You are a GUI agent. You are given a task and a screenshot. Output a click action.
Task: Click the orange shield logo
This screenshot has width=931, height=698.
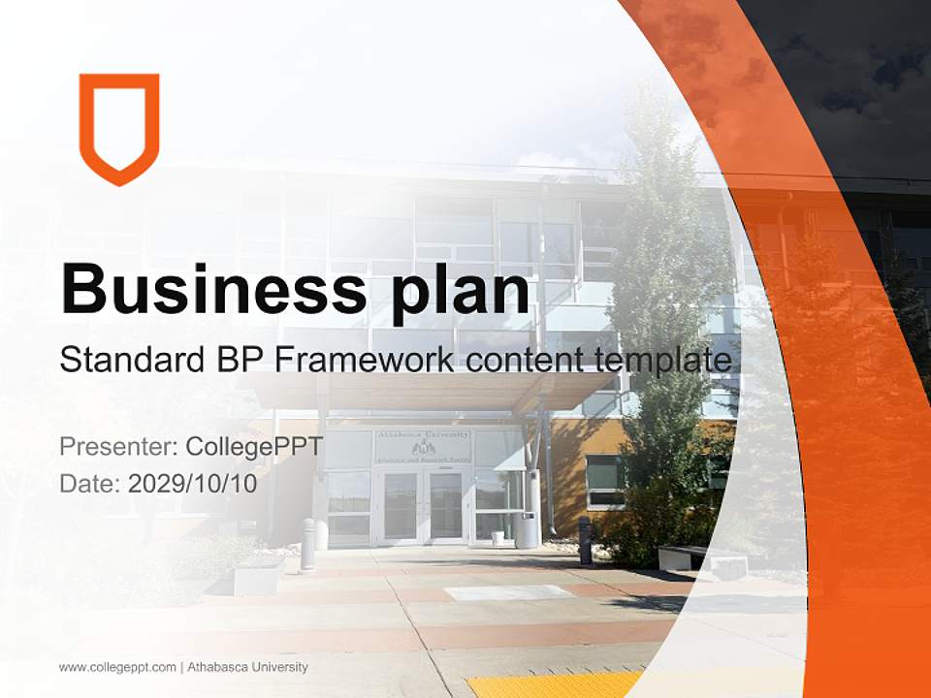click(x=119, y=127)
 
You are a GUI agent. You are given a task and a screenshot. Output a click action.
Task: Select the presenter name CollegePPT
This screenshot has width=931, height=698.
click(x=254, y=447)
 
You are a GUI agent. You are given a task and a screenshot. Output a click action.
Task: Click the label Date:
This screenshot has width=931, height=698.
click(x=90, y=484)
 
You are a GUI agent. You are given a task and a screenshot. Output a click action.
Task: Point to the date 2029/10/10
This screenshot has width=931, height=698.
click(x=193, y=484)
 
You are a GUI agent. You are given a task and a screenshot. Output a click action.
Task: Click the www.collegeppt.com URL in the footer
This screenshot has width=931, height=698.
click(x=117, y=667)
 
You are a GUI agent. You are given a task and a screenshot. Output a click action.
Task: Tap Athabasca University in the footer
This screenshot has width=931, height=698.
click(x=247, y=667)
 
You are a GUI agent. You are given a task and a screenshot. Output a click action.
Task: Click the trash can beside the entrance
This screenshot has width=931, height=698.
click(x=527, y=530)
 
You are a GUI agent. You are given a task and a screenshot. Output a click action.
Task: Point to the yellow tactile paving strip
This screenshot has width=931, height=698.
click(x=553, y=683)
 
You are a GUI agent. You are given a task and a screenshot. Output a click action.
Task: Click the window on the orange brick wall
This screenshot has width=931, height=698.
click(x=604, y=480)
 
